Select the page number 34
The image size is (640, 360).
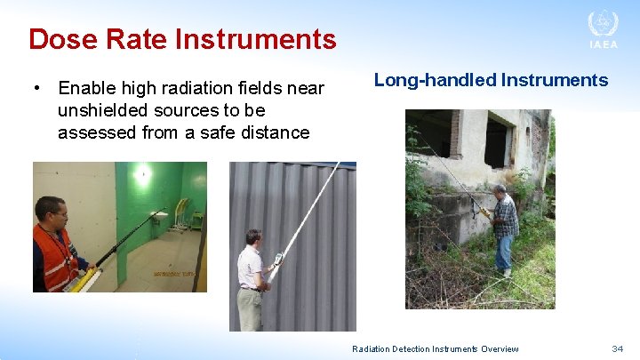pos(617,349)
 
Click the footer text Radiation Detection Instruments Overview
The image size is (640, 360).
pos(435,349)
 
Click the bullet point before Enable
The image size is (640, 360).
pos(36,89)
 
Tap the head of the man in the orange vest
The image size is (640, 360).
pos(50,212)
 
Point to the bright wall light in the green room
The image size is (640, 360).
pos(143,173)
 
